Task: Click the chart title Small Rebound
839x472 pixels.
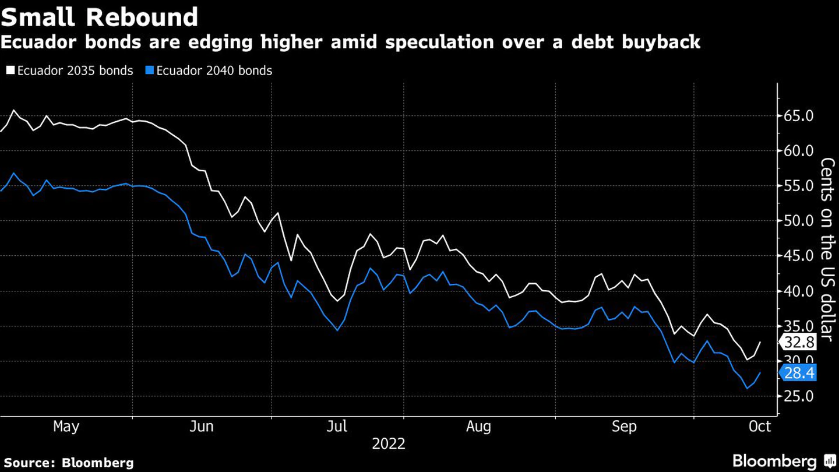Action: pyautogui.click(x=100, y=17)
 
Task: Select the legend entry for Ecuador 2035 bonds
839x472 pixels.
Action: pyautogui.click(x=70, y=71)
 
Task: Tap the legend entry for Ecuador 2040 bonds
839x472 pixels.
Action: pyautogui.click(x=209, y=71)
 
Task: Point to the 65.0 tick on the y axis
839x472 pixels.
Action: pyautogui.click(x=798, y=116)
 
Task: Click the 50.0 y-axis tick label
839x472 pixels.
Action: pyautogui.click(x=798, y=221)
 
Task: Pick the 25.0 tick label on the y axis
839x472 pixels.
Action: pyautogui.click(x=798, y=396)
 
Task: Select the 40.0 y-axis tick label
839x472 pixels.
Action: pyautogui.click(x=798, y=291)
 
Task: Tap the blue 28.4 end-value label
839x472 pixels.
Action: pyautogui.click(x=799, y=373)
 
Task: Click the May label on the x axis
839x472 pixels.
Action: pyautogui.click(x=66, y=427)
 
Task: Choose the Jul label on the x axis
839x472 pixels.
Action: pyautogui.click(x=337, y=427)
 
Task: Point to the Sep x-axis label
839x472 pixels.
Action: pyautogui.click(x=624, y=427)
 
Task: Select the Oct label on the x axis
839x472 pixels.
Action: pyautogui.click(x=760, y=427)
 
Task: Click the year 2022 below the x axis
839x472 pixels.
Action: pyautogui.click(x=389, y=444)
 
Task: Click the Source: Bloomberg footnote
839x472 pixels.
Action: pyautogui.click(x=69, y=463)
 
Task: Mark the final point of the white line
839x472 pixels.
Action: pyautogui.click(x=760, y=342)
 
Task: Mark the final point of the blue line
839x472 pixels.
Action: pyautogui.click(x=760, y=373)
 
